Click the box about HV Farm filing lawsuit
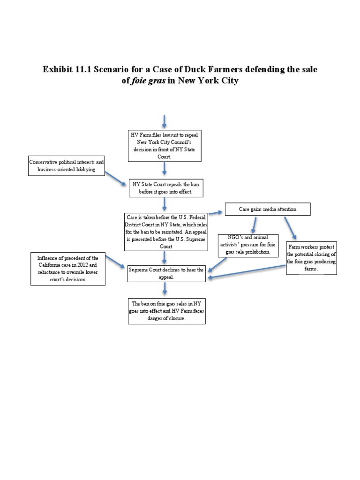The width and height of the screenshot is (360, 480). (164, 145)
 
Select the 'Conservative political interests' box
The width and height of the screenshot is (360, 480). (67, 165)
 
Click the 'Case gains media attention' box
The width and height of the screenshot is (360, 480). (267, 209)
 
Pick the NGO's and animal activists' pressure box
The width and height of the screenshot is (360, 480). (248, 245)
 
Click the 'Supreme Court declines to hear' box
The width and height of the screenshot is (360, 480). (166, 273)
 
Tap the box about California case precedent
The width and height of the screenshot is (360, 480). (68, 269)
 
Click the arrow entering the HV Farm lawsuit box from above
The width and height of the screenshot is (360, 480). (164, 121)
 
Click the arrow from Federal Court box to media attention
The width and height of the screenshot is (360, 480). (215, 212)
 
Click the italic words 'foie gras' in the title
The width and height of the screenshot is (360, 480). (141, 80)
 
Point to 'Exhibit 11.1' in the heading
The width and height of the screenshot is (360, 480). (68, 69)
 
